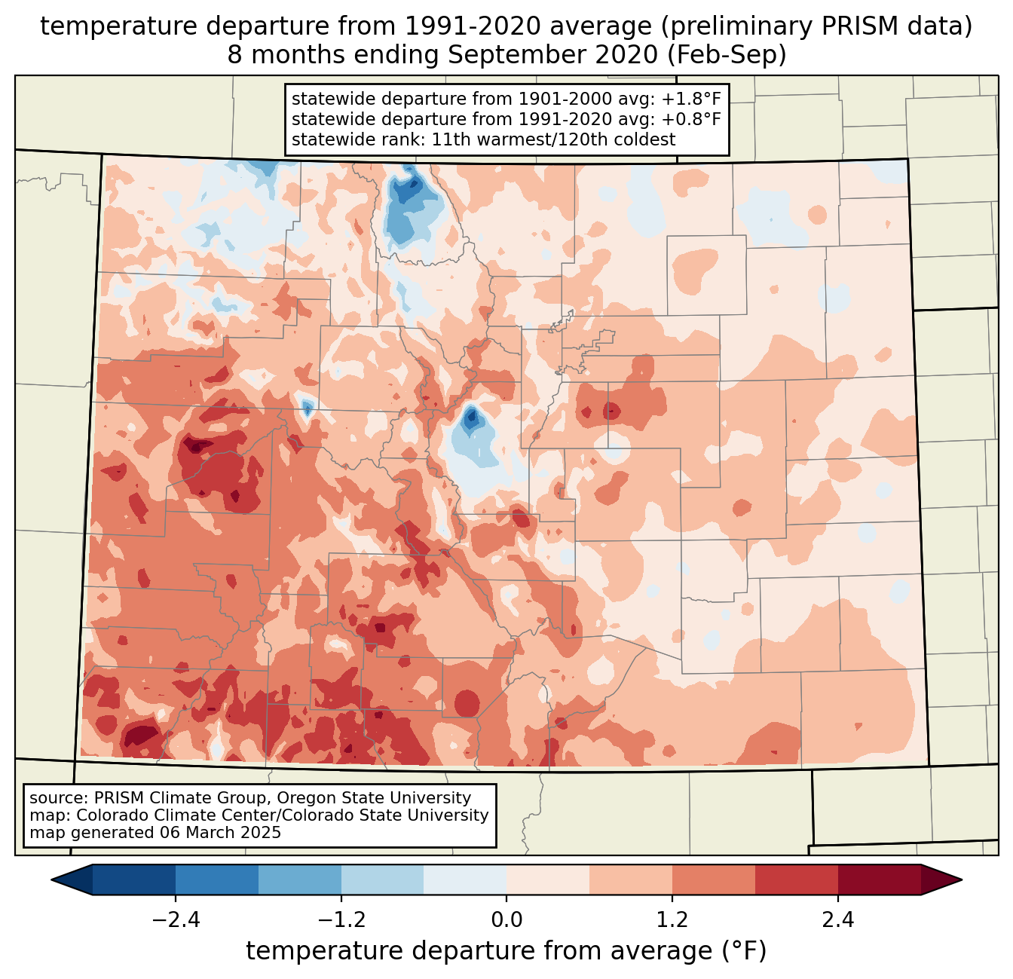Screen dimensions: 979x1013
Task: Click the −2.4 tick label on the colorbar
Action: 175,920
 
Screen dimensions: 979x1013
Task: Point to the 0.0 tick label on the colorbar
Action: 506,920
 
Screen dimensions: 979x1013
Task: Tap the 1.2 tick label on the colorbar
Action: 672,920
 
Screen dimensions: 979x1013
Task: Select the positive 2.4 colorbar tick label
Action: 838,920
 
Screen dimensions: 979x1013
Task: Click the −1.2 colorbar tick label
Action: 341,920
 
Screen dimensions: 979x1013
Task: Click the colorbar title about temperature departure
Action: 506,951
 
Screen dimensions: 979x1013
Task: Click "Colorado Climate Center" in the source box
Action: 164,815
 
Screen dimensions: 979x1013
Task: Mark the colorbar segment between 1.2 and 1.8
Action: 714,880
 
